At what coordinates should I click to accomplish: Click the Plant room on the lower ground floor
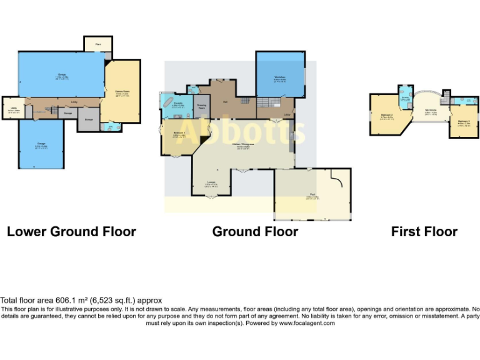pos(98,44)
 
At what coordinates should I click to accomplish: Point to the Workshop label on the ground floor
pos(279,78)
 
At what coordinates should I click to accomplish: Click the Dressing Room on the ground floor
pos(202,106)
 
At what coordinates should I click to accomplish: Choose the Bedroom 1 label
pos(178,134)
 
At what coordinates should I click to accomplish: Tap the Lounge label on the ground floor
pos(211,183)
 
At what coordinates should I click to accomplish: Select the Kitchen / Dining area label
pos(242,145)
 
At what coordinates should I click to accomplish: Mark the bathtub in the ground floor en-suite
pos(167,103)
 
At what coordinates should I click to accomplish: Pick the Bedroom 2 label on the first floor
pos(386,115)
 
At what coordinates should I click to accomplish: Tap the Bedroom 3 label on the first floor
pos(463,121)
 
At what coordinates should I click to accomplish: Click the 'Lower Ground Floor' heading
pos(71,232)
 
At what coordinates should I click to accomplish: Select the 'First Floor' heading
pos(424,232)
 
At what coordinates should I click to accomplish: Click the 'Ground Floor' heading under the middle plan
pos(255,232)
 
